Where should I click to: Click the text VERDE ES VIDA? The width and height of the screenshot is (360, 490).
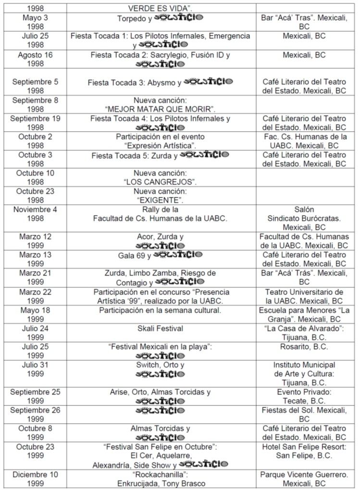point(160,8)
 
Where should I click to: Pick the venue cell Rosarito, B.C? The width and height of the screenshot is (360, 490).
point(303,347)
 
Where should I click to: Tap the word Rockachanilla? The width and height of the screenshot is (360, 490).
point(160,474)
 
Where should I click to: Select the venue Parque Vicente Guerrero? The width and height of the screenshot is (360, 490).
point(303,474)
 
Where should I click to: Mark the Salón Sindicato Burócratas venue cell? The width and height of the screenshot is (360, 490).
point(303,218)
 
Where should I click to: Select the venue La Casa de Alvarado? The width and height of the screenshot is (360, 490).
point(303,329)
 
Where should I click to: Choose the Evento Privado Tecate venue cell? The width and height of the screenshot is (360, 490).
point(303,396)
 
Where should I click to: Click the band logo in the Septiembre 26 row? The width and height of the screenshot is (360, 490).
point(160,410)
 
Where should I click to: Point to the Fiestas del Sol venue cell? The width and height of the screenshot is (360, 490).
point(303,415)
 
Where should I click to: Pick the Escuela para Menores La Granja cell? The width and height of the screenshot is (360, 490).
point(303,315)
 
